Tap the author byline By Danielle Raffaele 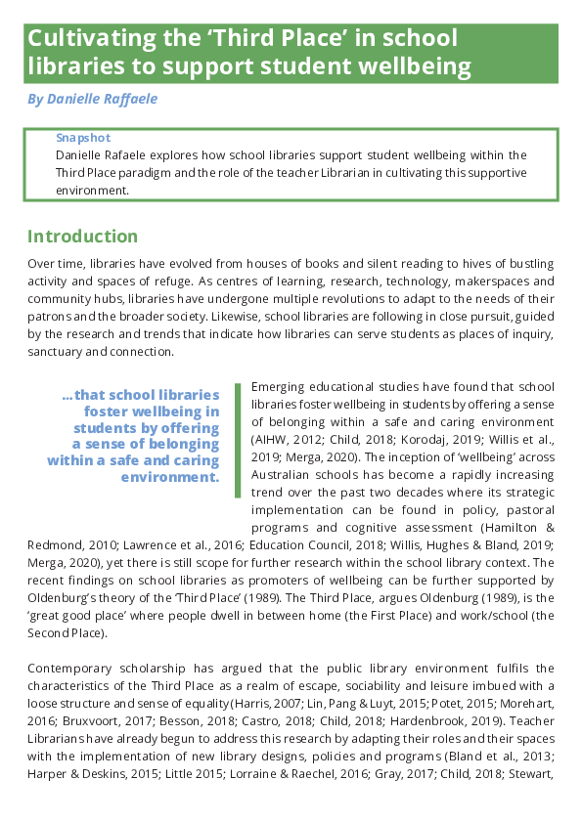92,100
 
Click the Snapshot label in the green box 83,138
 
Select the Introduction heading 83,237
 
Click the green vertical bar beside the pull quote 237,440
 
